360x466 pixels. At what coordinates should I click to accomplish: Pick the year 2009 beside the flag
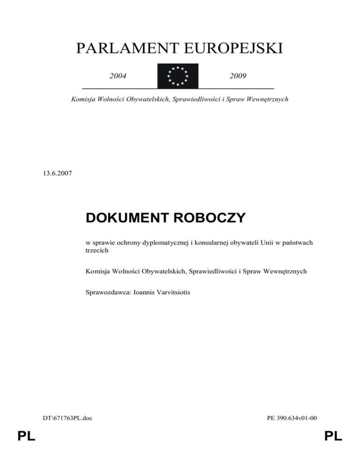(x=238, y=75)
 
